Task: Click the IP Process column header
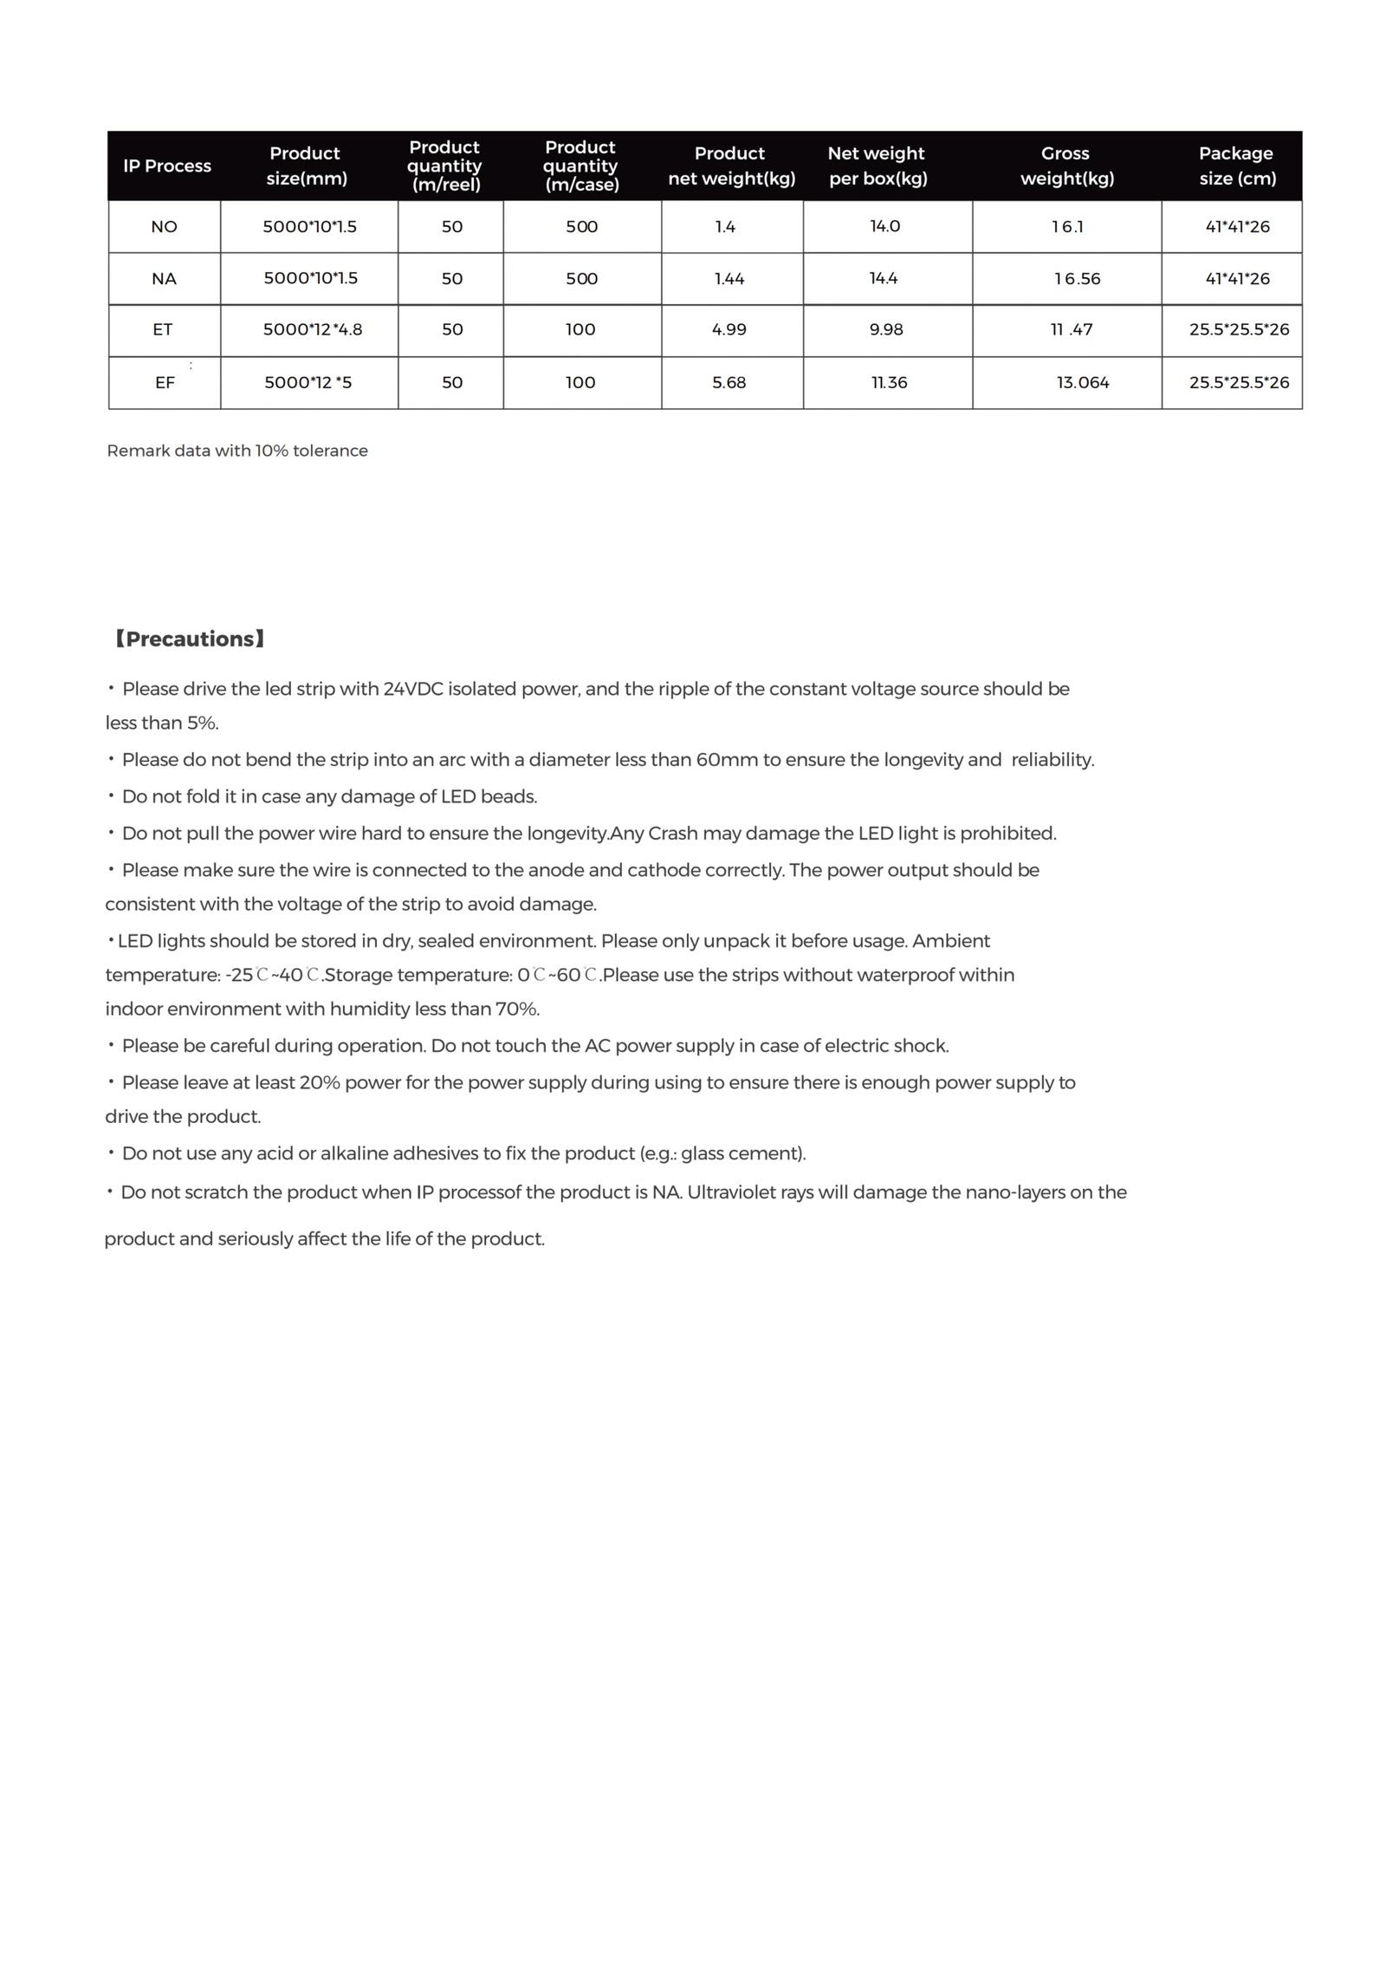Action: (x=167, y=166)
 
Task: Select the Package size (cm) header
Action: (x=1236, y=166)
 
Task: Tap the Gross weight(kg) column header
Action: (x=1066, y=166)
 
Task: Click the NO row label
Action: (x=164, y=227)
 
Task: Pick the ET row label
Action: (x=163, y=329)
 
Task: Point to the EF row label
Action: (x=165, y=382)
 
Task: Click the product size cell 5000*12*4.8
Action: (x=313, y=329)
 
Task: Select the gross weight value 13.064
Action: (x=1082, y=382)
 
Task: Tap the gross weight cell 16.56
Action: (x=1077, y=278)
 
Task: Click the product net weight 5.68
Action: (x=729, y=382)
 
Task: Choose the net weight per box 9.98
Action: (x=886, y=329)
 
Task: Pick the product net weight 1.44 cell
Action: (x=729, y=278)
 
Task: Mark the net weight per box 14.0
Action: (x=884, y=226)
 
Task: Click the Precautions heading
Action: (x=189, y=639)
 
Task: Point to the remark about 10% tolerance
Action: (x=237, y=451)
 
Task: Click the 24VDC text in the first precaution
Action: (x=412, y=689)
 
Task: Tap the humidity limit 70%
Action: (x=516, y=1009)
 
